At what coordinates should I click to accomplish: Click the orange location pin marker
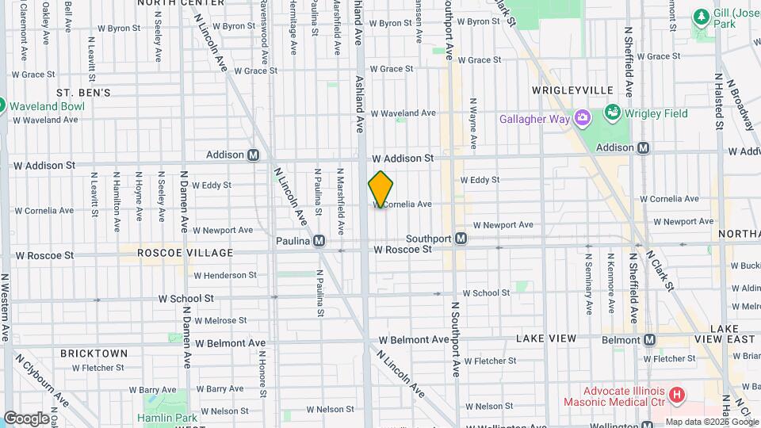click(380, 189)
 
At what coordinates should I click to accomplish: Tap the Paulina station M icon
click(319, 240)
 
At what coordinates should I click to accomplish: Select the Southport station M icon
click(460, 238)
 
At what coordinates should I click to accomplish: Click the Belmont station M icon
click(650, 339)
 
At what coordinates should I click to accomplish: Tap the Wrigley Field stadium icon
click(613, 113)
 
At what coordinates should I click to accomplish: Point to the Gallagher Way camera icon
click(583, 118)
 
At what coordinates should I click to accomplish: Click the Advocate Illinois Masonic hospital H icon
click(676, 394)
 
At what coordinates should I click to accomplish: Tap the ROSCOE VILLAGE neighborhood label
click(185, 253)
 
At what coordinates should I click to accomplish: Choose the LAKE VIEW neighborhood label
click(546, 338)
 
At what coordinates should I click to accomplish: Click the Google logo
click(25, 418)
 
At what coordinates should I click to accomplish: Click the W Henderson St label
click(225, 275)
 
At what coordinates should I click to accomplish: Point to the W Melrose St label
click(220, 320)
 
